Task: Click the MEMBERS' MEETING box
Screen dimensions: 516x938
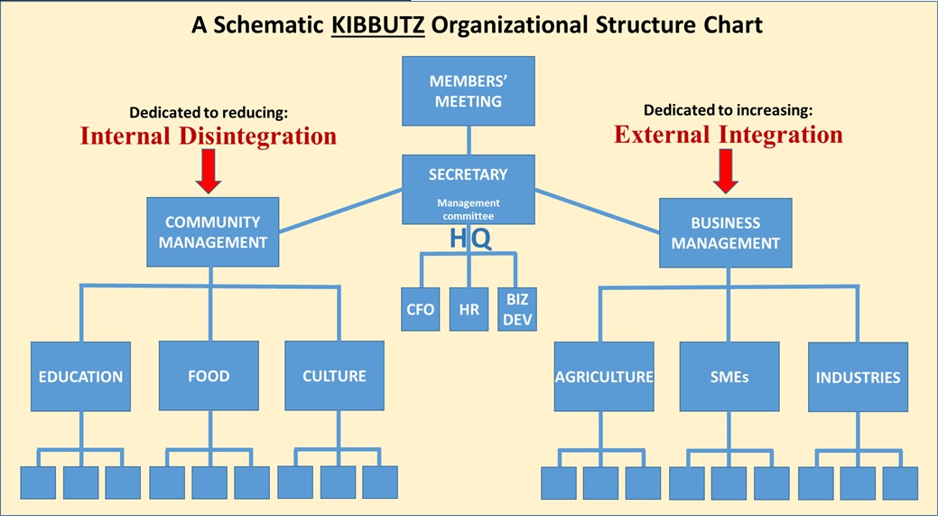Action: pos(468,91)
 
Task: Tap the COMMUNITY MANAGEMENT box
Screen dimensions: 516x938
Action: pos(212,231)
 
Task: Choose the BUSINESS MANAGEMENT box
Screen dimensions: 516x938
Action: pos(725,232)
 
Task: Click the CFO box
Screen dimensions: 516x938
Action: pos(420,309)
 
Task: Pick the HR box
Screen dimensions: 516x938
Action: pos(469,309)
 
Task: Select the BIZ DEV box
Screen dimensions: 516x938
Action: pos(517,309)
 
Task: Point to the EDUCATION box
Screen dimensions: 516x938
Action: pos(80,376)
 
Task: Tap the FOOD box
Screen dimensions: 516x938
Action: pos(209,376)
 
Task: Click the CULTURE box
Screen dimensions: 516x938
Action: pos(334,376)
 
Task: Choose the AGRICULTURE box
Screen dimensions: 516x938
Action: pos(603,377)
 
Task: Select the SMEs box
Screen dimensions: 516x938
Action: pos(729,377)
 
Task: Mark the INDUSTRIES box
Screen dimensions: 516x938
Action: pos(858,377)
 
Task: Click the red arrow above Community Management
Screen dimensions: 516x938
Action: pos(209,172)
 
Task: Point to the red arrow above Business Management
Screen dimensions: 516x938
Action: pos(726,171)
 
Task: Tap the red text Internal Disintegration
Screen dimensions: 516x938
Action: pos(209,136)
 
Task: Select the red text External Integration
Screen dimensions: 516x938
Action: pos(729,135)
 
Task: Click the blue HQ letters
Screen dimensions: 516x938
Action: pos(470,239)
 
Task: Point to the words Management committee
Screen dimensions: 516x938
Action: pos(469,210)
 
